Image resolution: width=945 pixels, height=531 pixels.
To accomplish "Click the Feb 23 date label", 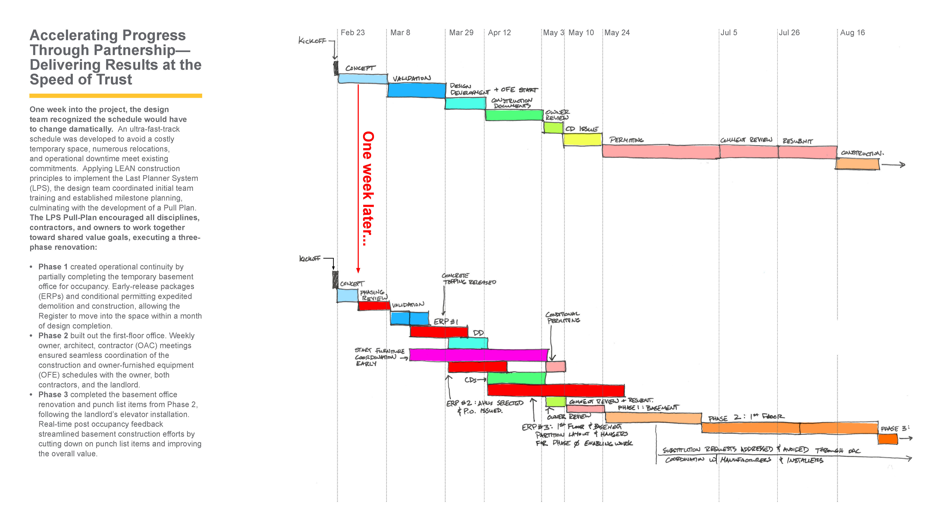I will coord(353,33).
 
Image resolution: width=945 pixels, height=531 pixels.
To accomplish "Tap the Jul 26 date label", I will coord(789,33).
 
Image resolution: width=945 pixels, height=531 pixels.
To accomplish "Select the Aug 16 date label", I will coord(852,33).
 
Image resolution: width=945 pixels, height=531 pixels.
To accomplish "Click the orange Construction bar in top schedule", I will coord(857,164).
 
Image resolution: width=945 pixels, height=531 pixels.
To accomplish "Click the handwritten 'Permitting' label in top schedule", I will coord(626,140).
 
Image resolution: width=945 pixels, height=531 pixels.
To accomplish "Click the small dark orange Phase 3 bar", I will coord(887,439).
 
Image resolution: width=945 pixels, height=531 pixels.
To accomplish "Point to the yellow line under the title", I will coord(116,96).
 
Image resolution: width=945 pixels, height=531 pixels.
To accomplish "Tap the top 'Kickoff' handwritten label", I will coord(312,41).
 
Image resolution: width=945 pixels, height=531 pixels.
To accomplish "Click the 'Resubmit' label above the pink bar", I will coord(798,141).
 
